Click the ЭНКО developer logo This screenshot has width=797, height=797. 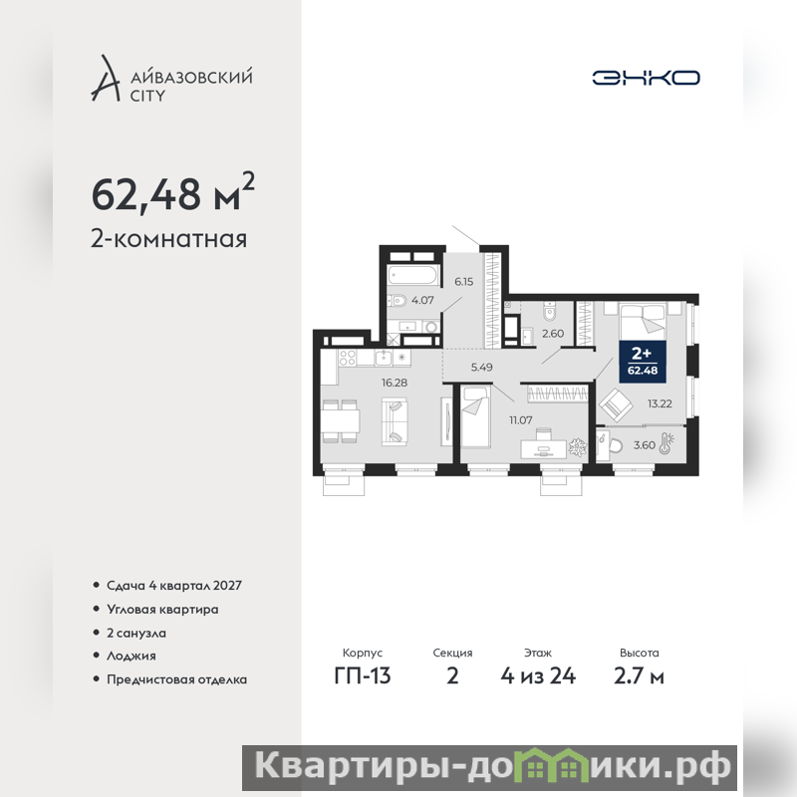(646, 78)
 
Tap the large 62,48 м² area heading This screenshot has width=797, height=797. (172, 192)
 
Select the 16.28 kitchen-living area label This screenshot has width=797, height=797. (395, 383)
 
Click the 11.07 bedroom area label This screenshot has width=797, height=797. (521, 420)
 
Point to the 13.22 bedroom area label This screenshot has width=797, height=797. (660, 404)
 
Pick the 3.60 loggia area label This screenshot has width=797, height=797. (645, 445)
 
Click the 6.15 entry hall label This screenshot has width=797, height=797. (463, 282)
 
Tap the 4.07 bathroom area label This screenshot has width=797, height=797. (422, 301)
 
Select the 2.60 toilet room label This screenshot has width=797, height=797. (553, 334)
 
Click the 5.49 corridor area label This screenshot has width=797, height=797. (481, 367)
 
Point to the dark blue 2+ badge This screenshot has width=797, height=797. (643, 362)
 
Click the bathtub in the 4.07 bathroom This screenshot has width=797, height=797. (413, 277)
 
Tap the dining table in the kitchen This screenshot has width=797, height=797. (340, 420)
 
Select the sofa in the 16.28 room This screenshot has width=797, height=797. (395, 421)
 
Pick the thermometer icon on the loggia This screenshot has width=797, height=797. (666, 443)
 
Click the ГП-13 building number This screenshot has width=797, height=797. (363, 676)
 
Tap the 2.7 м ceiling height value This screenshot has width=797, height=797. (639, 676)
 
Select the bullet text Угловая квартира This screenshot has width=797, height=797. (162, 610)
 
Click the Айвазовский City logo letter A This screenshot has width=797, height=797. (106, 78)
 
